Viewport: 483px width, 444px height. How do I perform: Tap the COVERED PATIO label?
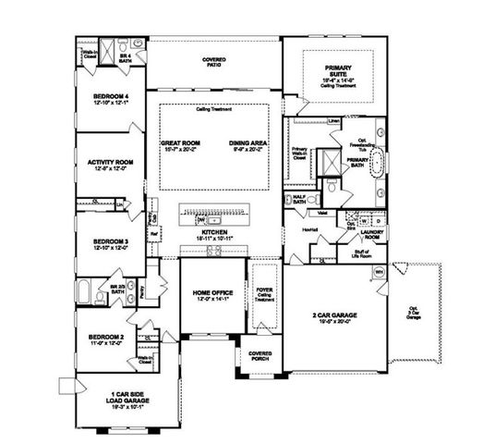coord(215,61)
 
